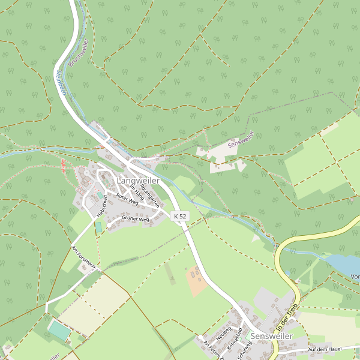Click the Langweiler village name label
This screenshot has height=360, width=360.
click(137, 181)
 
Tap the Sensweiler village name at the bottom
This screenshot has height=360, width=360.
click(272, 337)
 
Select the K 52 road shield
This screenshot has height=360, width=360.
click(179, 216)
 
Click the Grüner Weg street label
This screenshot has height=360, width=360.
click(135, 220)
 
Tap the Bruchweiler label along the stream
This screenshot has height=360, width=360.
click(79, 52)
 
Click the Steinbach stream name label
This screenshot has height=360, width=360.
click(60, 82)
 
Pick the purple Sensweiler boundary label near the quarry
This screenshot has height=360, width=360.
click(241, 141)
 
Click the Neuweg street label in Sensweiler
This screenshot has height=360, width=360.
click(224, 333)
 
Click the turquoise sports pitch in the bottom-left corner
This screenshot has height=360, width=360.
click(59, 329)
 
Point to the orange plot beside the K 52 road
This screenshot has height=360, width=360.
click(196, 281)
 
